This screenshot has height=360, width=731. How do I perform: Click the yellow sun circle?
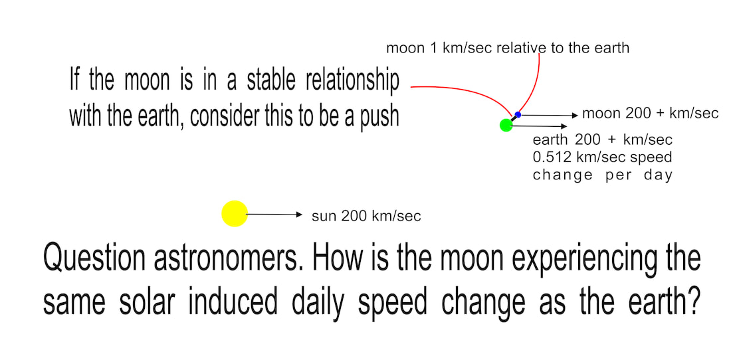coord(235,214)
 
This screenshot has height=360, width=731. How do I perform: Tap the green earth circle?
coord(506,125)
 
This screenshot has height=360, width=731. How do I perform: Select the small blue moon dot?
coord(518,114)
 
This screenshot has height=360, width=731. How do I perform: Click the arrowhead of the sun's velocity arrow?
coord(300,215)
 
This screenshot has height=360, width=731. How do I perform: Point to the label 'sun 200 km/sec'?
coord(366,217)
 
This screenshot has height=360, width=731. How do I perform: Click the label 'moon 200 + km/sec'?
coord(651,113)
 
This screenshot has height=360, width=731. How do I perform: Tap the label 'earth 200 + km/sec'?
coord(602,139)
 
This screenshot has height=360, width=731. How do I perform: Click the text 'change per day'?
coord(602,175)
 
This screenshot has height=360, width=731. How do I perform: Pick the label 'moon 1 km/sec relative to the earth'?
coord(508,48)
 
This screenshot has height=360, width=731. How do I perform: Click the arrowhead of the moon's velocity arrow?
coord(575,114)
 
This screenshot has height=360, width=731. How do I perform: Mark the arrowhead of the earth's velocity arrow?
coord(564,126)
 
